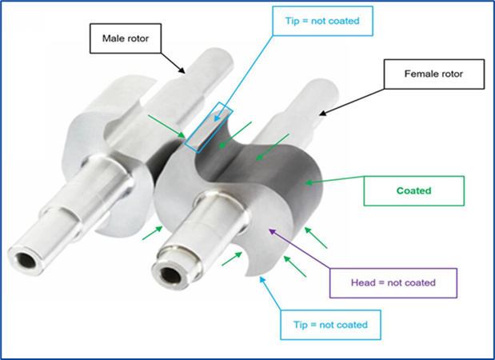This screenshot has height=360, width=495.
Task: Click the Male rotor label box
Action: coord(126,38)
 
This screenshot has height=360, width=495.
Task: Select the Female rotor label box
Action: coord(434,74)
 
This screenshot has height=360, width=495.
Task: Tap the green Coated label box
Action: coord(414,190)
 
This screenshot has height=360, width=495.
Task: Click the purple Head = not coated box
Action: coord(393,282)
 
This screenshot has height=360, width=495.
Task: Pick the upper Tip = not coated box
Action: coord(322,21)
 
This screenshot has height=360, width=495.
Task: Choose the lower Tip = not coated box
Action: coord(330,325)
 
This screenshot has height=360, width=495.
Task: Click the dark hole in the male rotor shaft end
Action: coord(26,261)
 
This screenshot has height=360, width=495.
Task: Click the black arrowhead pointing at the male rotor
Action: coord(182,70)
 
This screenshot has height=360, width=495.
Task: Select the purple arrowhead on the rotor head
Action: coord(272,232)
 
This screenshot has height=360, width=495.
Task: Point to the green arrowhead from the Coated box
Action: coord(309,182)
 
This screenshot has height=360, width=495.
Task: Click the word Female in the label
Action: coord(420,74)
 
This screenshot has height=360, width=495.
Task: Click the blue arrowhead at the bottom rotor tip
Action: coord(262,279)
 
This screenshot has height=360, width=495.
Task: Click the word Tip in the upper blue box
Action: coord(292,21)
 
